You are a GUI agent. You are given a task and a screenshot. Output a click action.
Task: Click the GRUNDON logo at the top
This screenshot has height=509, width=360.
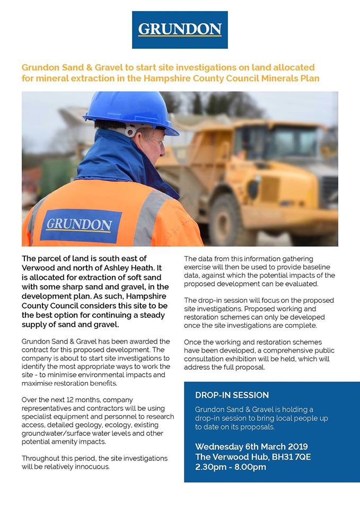pyautogui.click(x=180, y=30)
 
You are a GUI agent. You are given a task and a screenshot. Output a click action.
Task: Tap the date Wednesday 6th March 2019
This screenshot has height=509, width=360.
pyautogui.click(x=251, y=446)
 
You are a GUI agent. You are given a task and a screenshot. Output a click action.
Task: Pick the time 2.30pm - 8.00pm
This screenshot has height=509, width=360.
pyautogui.click(x=231, y=467)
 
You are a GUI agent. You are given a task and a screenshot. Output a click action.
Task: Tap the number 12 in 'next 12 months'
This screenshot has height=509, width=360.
pyautogui.click(x=72, y=399)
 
